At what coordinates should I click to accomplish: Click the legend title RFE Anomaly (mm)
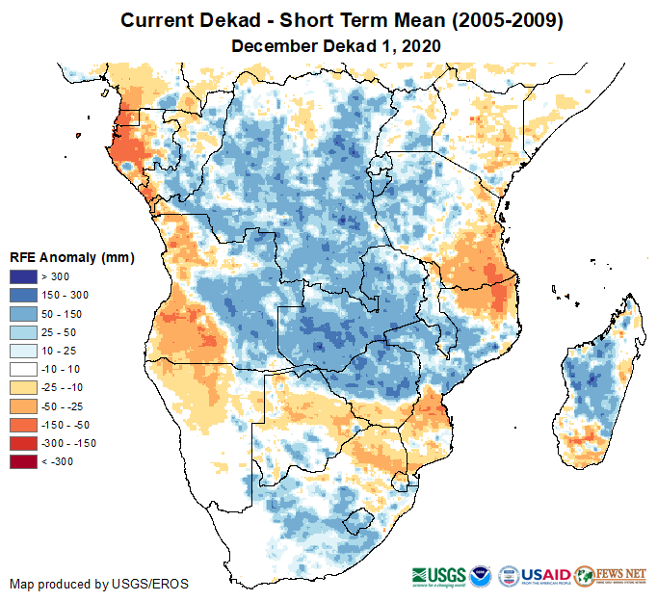[x=72, y=258]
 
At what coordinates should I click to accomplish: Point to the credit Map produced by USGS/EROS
[x=99, y=584]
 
